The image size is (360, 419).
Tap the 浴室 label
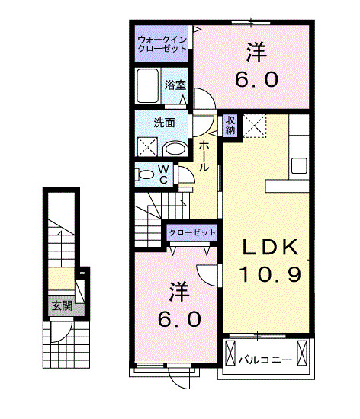[x=175, y=84]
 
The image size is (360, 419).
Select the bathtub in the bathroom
[x=149, y=87]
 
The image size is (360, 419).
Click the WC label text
[x=163, y=174]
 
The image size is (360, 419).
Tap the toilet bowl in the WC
[x=146, y=174]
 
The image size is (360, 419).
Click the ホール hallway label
[x=204, y=155]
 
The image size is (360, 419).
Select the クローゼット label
[x=191, y=232]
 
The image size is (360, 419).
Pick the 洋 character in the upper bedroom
[x=255, y=51]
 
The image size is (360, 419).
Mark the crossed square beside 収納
[x=254, y=125]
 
